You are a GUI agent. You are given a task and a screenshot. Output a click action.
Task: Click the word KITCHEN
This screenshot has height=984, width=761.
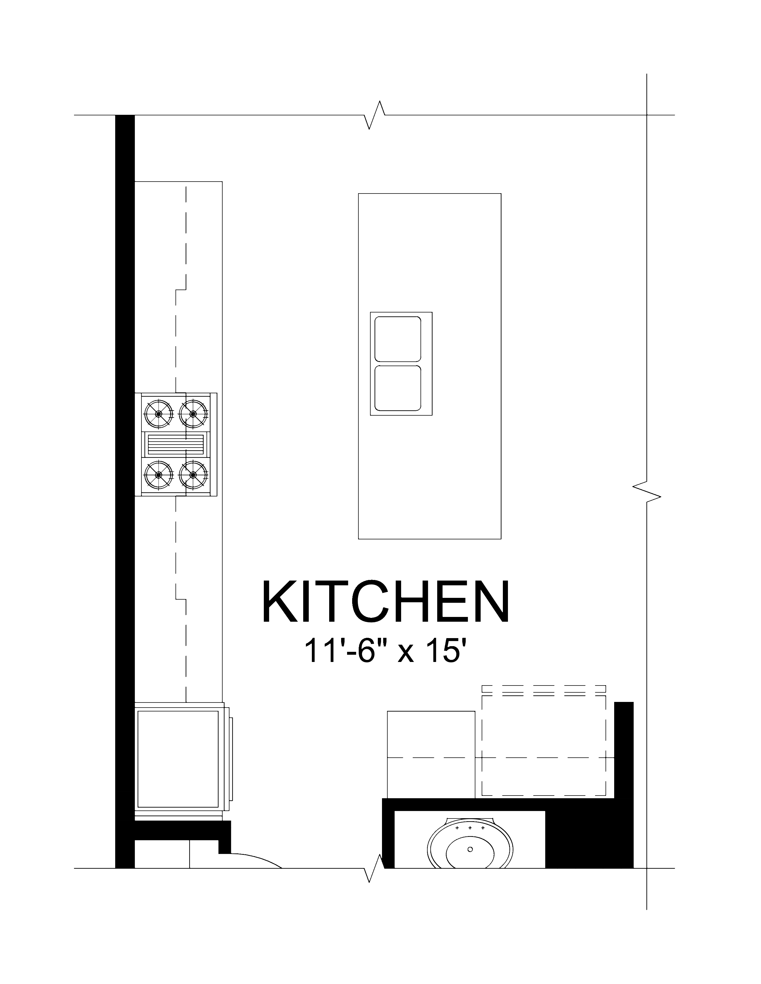click(x=386, y=602)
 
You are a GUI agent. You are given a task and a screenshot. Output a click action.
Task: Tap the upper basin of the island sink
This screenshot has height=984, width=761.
click(x=398, y=339)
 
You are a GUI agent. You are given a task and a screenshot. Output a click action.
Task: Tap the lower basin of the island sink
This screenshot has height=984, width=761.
click(x=398, y=388)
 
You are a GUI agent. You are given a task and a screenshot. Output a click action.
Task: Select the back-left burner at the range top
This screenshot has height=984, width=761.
click(x=158, y=414)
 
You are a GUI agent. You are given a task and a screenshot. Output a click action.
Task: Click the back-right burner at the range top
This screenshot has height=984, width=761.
click(x=193, y=414)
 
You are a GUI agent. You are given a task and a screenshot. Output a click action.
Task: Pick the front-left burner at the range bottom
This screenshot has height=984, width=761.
click(x=158, y=474)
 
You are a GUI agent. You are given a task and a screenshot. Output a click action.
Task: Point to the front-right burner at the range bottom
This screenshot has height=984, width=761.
click(x=193, y=474)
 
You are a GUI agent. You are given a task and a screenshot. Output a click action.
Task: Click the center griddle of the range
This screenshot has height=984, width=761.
click(x=175, y=445)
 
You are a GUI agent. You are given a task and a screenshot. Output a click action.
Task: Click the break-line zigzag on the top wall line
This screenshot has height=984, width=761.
click(x=374, y=115)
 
